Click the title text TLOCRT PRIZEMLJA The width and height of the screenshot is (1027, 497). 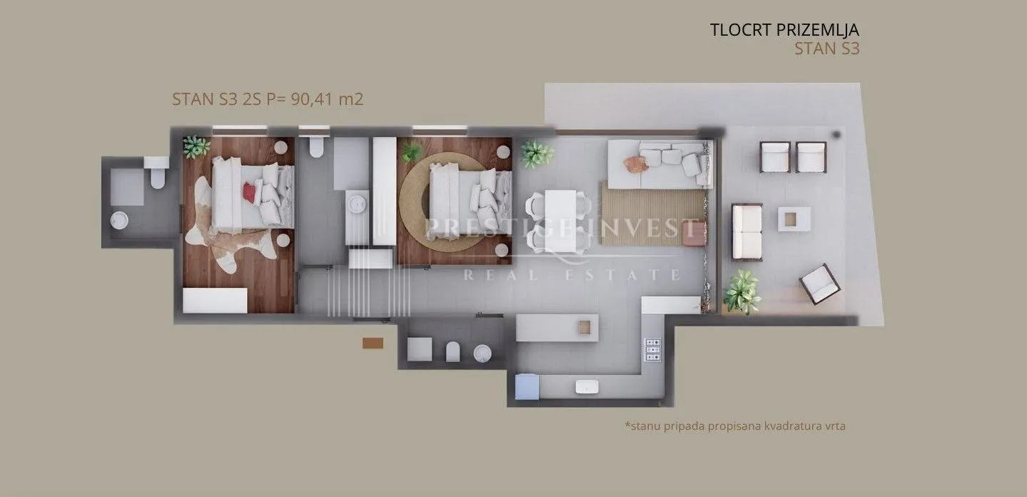784,30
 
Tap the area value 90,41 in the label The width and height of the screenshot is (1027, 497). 312,99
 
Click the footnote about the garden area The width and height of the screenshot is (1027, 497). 735,426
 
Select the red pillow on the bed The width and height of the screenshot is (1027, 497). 249,192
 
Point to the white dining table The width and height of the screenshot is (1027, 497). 560,221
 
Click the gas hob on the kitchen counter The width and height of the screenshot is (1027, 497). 652,350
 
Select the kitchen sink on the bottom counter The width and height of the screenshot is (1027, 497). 587,386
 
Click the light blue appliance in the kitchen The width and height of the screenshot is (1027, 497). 527,387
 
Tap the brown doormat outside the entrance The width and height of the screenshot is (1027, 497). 373,343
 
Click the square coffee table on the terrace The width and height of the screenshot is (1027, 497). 794,219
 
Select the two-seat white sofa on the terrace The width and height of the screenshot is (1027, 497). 747,232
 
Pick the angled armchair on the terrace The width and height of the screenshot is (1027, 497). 820,284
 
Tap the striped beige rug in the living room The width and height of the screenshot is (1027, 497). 652,213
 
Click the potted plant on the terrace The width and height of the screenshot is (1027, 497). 742,292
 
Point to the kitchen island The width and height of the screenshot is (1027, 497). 557,328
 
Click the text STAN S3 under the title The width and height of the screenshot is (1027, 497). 827,49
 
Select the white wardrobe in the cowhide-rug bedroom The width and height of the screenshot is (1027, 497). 215,301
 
